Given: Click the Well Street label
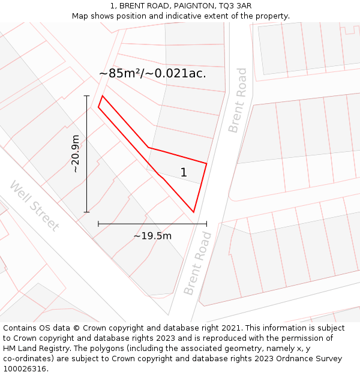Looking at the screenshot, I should tap(34, 205).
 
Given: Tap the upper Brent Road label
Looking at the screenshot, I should tap(238, 100).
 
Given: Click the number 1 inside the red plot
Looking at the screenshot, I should tap(184, 173).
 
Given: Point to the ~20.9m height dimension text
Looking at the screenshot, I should tap(76, 154).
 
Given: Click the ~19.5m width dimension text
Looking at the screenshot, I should tap(152, 236).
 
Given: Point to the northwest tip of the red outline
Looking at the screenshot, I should tap(102, 96).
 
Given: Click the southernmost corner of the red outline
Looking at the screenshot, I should tap(193, 212).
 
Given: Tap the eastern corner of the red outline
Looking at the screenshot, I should tap(206, 163).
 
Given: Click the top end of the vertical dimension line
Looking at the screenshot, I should tap(87, 96).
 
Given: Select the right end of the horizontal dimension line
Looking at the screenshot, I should tap(206, 224).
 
